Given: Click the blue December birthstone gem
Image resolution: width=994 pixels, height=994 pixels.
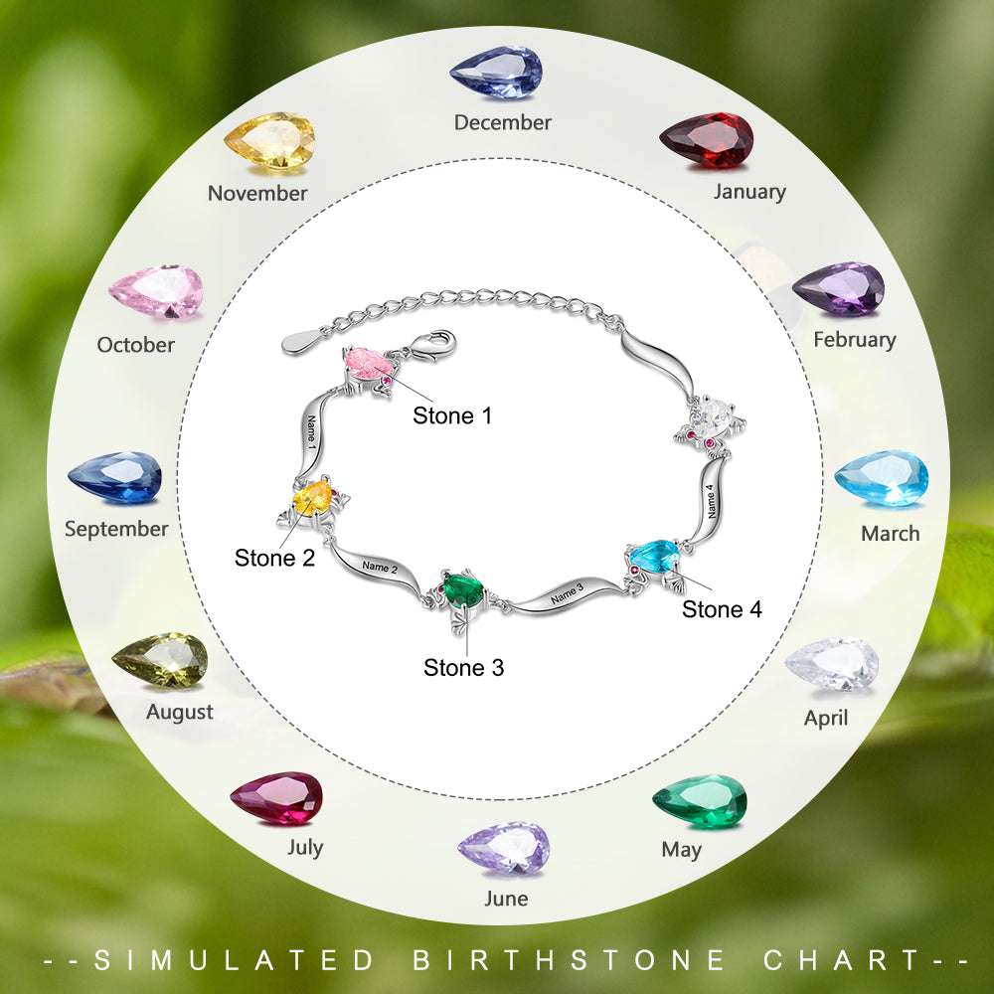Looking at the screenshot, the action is pyautogui.click(x=496, y=73).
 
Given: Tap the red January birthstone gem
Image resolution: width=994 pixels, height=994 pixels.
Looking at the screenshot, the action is pyautogui.click(x=706, y=140).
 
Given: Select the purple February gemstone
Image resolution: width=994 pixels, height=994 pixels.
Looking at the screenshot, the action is pyautogui.click(x=838, y=288).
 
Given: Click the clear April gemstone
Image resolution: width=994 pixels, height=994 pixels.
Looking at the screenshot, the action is pyautogui.click(x=832, y=664).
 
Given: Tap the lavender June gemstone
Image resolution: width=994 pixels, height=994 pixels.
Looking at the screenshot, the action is pyautogui.click(x=504, y=848).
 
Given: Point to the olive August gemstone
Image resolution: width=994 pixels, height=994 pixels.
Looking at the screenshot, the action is pyautogui.click(x=160, y=660).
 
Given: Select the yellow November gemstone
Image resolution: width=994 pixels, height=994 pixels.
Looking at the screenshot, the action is pyautogui.click(x=269, y=141).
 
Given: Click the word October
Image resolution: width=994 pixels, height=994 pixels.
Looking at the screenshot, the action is pyautogui.click(x=135, y=345).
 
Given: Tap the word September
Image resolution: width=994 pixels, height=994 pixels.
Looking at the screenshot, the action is pyautogui.click(x=116, y=529).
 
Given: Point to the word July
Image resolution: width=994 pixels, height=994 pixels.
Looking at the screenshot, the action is pyautogui.click(x=305, y=848).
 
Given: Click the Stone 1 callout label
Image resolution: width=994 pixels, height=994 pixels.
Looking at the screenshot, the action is pyautogui.click(x=452, y=415).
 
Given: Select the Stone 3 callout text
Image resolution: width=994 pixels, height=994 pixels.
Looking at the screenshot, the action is pyautogui.click(x=463, y=668).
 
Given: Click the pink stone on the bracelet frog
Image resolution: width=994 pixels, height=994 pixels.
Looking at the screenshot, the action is pyautogui.click(x=367, y=363).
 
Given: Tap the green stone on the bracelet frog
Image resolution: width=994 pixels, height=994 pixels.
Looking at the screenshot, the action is pyautogui.click(x=463, y=588).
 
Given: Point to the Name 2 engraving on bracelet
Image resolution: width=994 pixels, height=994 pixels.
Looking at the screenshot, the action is pyautogui.click(x=380, y=567).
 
